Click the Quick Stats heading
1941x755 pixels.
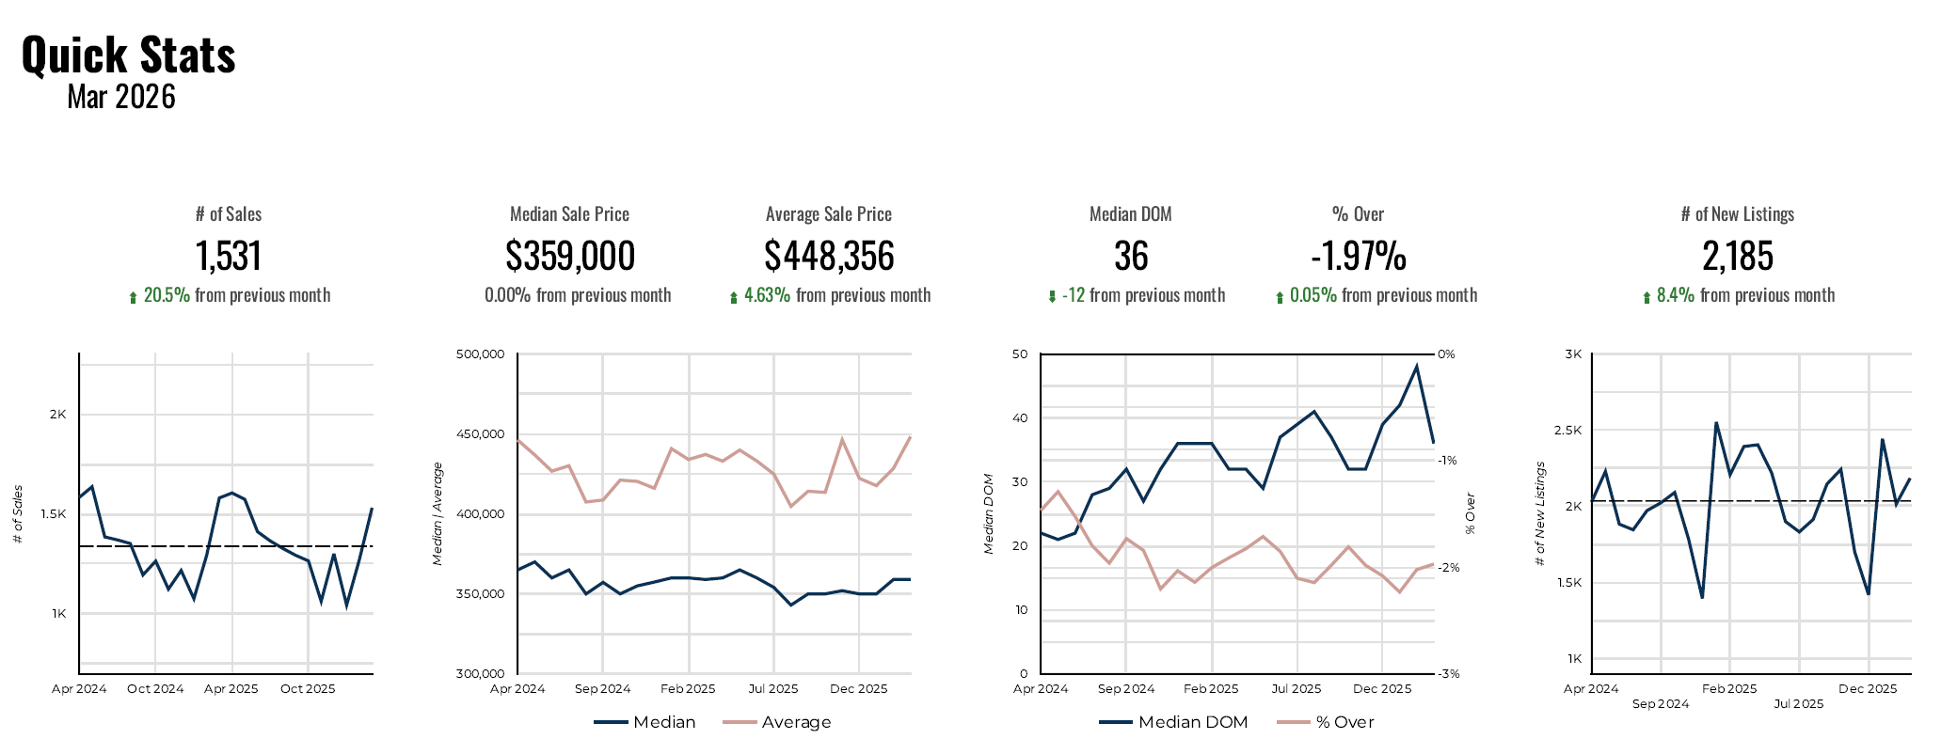128,55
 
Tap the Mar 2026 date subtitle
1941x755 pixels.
121,97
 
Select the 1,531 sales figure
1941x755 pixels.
229,256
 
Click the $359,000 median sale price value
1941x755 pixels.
570,256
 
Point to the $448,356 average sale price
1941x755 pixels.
829,256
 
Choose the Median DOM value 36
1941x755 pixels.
1131,256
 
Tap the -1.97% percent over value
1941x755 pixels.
1359,256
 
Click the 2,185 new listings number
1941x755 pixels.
1738,256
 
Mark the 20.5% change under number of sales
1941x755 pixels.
167,295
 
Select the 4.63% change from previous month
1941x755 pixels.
767,295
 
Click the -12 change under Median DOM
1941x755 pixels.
1073,295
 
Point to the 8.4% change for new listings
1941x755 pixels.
1675,295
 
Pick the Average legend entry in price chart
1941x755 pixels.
796,722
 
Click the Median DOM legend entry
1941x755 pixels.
1192,722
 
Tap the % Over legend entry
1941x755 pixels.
1344,722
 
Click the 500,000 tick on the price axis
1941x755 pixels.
480,354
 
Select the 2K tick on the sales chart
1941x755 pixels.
58,415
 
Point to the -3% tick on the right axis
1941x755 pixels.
1448,673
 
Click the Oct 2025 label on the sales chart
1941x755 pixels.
308,689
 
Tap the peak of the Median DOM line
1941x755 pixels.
1416,366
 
